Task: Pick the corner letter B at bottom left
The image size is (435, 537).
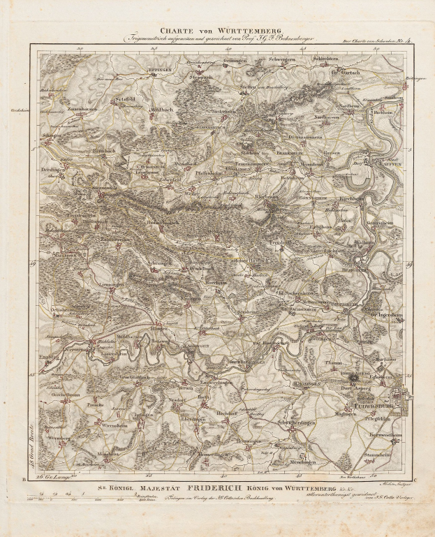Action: [24, 479]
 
